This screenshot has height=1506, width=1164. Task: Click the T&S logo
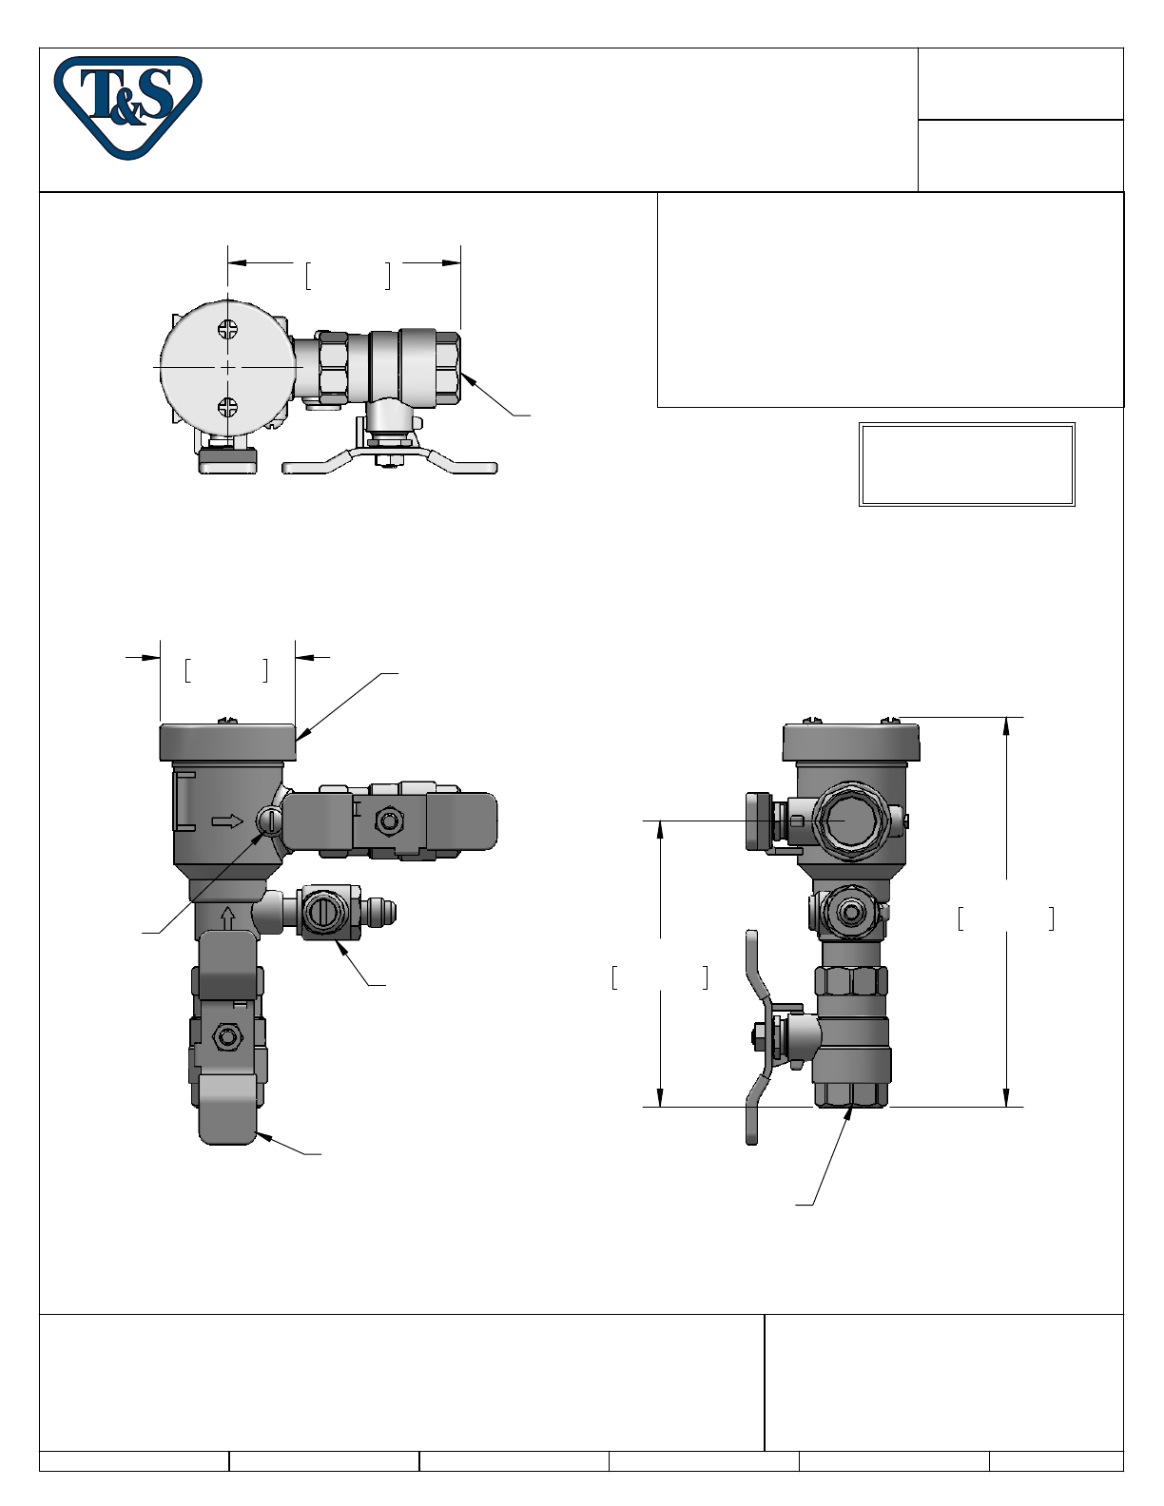point(127,107)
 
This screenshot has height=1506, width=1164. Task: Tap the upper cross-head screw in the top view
point(227,329)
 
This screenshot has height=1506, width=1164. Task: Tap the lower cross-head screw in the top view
point(227,407)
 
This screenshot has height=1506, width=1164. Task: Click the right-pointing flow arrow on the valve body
point(226,821)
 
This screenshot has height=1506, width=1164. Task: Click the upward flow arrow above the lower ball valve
point(228,917)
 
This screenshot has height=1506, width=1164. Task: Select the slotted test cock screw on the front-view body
point(269,822)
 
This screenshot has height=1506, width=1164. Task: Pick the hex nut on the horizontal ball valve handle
point(388,821)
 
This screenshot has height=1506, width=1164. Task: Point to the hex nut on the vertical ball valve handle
point(225,1037)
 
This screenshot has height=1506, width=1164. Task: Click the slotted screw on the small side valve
point(323,913)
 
